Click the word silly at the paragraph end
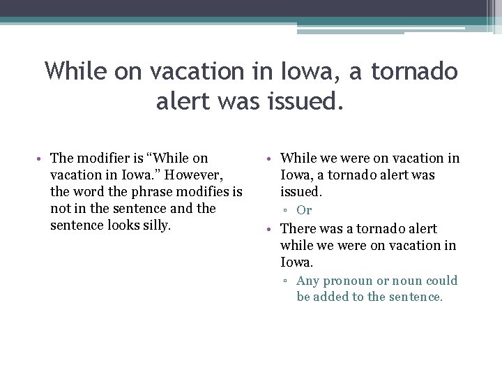155,226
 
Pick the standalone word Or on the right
304,210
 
